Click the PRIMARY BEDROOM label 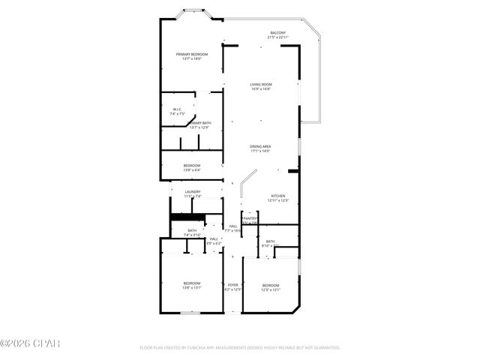click(x=192, y=54)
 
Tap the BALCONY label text click(x=278, y=33)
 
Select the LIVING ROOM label click(x=261, y=85)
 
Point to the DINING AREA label click(x=260, y=146)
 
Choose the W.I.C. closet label click(x=177, y=109)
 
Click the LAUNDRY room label click(x=193, y=192)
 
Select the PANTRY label click(x=249, y=218)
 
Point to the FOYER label click(x=233, y=285)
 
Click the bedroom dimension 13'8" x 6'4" click(x=192, y=170)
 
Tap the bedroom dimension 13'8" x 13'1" click(x=192, y=287)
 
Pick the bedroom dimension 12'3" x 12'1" click(x=271, y=289)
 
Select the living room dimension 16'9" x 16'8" click(x=261, y=90)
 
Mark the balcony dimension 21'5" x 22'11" click(x=278, y=38)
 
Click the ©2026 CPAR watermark click(x=29, y=343)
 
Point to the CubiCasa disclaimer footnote click(x=240, y=348)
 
